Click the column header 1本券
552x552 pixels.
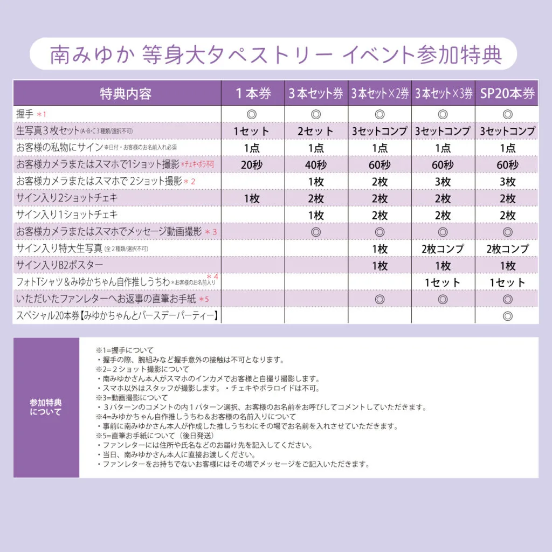pos(253,93)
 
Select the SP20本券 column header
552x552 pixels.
pos(507,93)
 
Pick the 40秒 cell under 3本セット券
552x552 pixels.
pos(316,164)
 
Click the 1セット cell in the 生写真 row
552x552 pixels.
pos(253,131)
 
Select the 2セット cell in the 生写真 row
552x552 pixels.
pos(316,131)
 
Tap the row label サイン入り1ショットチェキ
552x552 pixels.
pos(67,215)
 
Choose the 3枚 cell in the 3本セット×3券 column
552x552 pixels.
pos(443,182)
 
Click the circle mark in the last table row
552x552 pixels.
pos(507,316)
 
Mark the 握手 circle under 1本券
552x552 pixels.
pos(253,114)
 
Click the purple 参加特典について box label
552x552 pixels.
pos(46,408)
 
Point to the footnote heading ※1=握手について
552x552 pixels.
pos(125,350)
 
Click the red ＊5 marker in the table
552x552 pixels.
pos(203,300)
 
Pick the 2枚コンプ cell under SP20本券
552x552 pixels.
pos(507,249)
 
